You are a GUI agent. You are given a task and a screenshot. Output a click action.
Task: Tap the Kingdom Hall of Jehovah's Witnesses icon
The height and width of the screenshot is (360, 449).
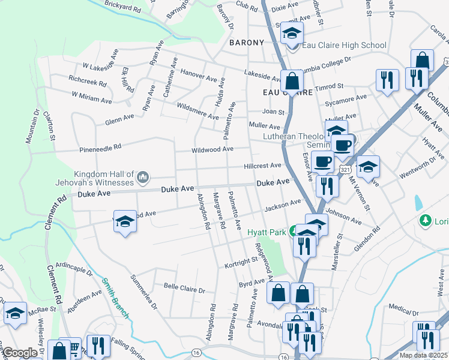(x=143, y=177)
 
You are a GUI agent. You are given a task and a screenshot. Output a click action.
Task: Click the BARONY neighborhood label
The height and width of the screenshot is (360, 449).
(x=246, y=43)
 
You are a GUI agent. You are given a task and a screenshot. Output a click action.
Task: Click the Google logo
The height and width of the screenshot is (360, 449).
(x=20, y=353)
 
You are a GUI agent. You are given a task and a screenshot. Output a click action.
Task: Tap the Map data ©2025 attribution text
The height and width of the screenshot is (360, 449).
(x=423, y=355)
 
